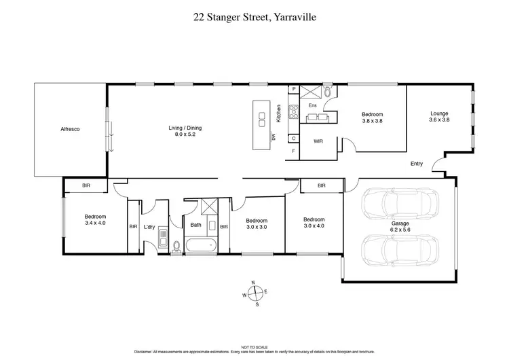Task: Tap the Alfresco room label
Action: [x=71, y=128]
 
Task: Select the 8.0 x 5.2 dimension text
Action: [x=185, y=134]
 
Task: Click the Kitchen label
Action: [x=278, y=113]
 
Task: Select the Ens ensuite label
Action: [x=313, y=105]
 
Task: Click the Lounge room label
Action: [x=440, y=113]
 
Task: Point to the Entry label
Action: [x=417, y=164]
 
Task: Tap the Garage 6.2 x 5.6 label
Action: [x=400, y=226]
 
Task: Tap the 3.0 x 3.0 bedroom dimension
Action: [x=257, y=228]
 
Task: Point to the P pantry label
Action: [x=293, y=89]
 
